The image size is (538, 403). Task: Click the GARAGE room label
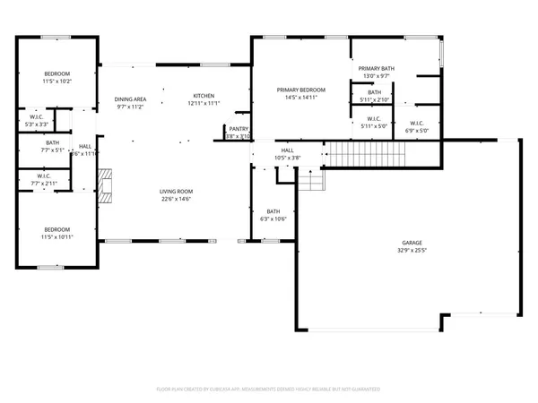point(412,244)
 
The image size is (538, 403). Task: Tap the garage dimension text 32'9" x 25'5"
point(412,251)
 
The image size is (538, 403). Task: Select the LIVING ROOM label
point(177,192)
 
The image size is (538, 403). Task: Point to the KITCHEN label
point(204,96)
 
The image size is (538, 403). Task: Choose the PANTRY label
point(239,129)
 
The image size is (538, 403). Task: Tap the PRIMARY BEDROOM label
point(300,90)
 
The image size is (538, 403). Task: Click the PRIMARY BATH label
point(376,69)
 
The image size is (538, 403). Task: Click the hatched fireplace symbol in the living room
point(103,189)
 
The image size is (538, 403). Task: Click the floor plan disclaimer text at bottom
point(269,390)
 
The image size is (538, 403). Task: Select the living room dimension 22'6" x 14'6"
point(177,199)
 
